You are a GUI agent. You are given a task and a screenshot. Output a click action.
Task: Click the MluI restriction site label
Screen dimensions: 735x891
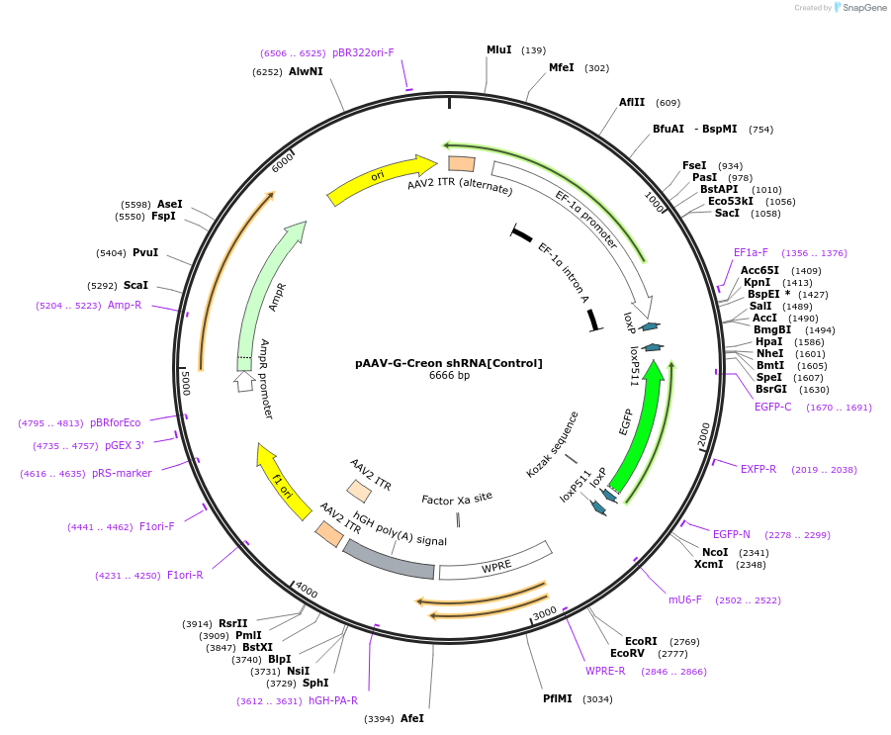tap(498, 49)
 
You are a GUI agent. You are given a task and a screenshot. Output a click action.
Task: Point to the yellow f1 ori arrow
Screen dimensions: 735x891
tap(276, 475)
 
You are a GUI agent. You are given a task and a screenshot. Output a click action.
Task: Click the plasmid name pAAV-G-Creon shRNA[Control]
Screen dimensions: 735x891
tap(449, 363)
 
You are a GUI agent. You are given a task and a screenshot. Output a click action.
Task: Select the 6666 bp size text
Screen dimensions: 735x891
tap(449, 376)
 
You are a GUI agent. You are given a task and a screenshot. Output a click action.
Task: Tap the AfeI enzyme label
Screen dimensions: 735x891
tap(412, 718)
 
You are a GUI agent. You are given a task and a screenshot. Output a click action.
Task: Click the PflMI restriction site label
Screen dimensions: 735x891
tap(558, 698)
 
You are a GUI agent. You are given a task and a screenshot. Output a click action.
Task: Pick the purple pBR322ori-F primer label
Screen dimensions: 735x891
tap(363, 52)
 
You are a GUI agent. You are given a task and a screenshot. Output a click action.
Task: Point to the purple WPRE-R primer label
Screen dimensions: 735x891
tap(605, 671)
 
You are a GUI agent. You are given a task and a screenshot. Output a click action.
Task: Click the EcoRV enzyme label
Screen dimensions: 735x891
tap(627, 653)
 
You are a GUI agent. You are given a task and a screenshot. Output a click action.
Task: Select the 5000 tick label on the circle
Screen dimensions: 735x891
tap(185, 383)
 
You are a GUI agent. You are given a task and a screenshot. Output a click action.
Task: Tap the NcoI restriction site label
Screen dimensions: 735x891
tap(715, 552)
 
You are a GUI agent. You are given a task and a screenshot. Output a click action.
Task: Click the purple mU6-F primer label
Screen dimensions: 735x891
tap(684, 599)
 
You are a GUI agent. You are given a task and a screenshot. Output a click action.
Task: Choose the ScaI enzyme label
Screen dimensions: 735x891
tap(135, 285)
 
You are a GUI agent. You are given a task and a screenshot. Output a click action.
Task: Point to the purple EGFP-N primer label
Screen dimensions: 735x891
tap(732, 534)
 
